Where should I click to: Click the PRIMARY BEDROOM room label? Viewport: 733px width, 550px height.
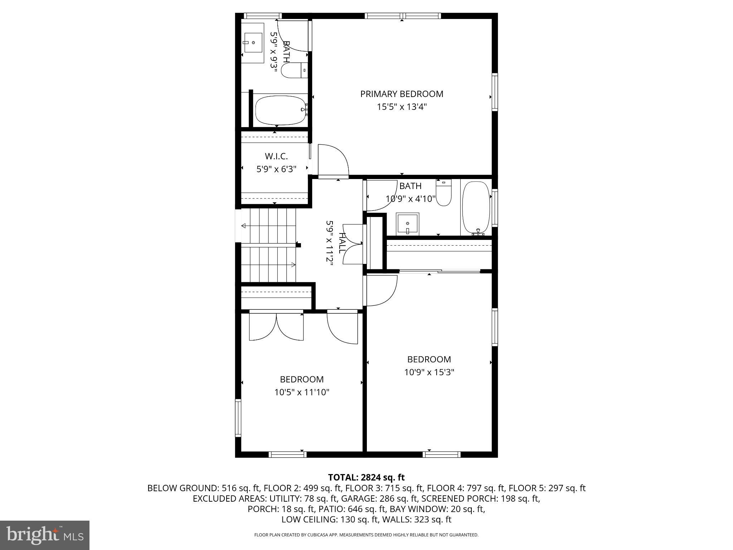pyautogui.click(x=402, y=94)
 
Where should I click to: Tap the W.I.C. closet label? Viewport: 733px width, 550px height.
pyautogui.click(x=276, y=156)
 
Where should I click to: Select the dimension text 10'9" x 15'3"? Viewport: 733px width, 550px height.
pyautogui.click(x=429, y=372)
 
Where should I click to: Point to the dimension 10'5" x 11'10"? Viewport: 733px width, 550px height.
pyautogui.click(x=302, y=392)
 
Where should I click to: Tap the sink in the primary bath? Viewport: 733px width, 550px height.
pyautogui.click(x=253, y=43)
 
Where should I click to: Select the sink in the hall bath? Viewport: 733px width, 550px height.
pyautogui.click(x=408, y=224)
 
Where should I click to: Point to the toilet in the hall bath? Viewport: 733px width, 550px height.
pyautogui.click(x=444, y=193)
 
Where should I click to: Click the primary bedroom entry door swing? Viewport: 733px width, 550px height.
pyautogui.click(x=333, y=161)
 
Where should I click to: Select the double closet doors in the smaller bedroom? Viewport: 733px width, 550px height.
pyautogui.click(x=276, y=327)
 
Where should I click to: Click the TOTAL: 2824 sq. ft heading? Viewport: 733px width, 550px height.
pyautogui.click(x=366, y=477)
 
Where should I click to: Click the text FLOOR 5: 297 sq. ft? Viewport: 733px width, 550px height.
pyautogui.click(x=547, y=488)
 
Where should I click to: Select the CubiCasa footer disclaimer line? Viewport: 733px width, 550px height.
pyautogui.click(x=366, y=535)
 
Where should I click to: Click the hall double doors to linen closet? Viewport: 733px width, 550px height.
pyautogui.click(x=353, y=244)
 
